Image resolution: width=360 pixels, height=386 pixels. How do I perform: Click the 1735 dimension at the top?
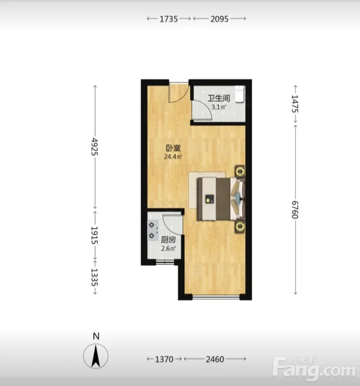(169, 19)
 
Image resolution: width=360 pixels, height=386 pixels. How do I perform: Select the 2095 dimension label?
(219, 19)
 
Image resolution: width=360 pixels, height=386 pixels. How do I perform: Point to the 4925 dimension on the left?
(95, 147)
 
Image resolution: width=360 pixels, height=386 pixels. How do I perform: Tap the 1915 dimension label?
(95, 235)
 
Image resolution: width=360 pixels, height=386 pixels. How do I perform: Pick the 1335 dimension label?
(95, 277)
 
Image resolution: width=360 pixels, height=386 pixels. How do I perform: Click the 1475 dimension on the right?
(295, 104)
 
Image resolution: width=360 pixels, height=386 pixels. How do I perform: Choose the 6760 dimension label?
(295, 210)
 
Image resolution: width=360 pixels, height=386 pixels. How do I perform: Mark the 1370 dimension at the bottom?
(164, 359)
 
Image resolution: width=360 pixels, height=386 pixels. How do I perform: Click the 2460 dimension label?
(215, 359)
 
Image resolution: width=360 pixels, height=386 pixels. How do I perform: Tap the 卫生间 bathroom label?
(219, 98)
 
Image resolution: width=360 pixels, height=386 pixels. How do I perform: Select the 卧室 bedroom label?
(173, 148)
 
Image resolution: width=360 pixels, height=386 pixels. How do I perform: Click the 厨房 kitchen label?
(169, 240)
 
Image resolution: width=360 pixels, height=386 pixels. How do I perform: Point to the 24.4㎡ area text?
(173, 157)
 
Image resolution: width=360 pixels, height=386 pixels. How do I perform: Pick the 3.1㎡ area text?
(219, 107)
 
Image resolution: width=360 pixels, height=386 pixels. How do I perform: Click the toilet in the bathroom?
(239, 94)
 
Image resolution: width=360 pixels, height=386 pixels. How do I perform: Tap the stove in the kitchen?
(152, 230)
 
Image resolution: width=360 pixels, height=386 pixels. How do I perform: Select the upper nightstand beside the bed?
(239, 171)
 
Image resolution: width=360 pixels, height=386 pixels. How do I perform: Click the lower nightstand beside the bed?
(239, 227)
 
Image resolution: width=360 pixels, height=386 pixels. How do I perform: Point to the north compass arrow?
(96, 356)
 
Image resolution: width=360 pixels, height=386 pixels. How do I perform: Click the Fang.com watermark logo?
(314, 369)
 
